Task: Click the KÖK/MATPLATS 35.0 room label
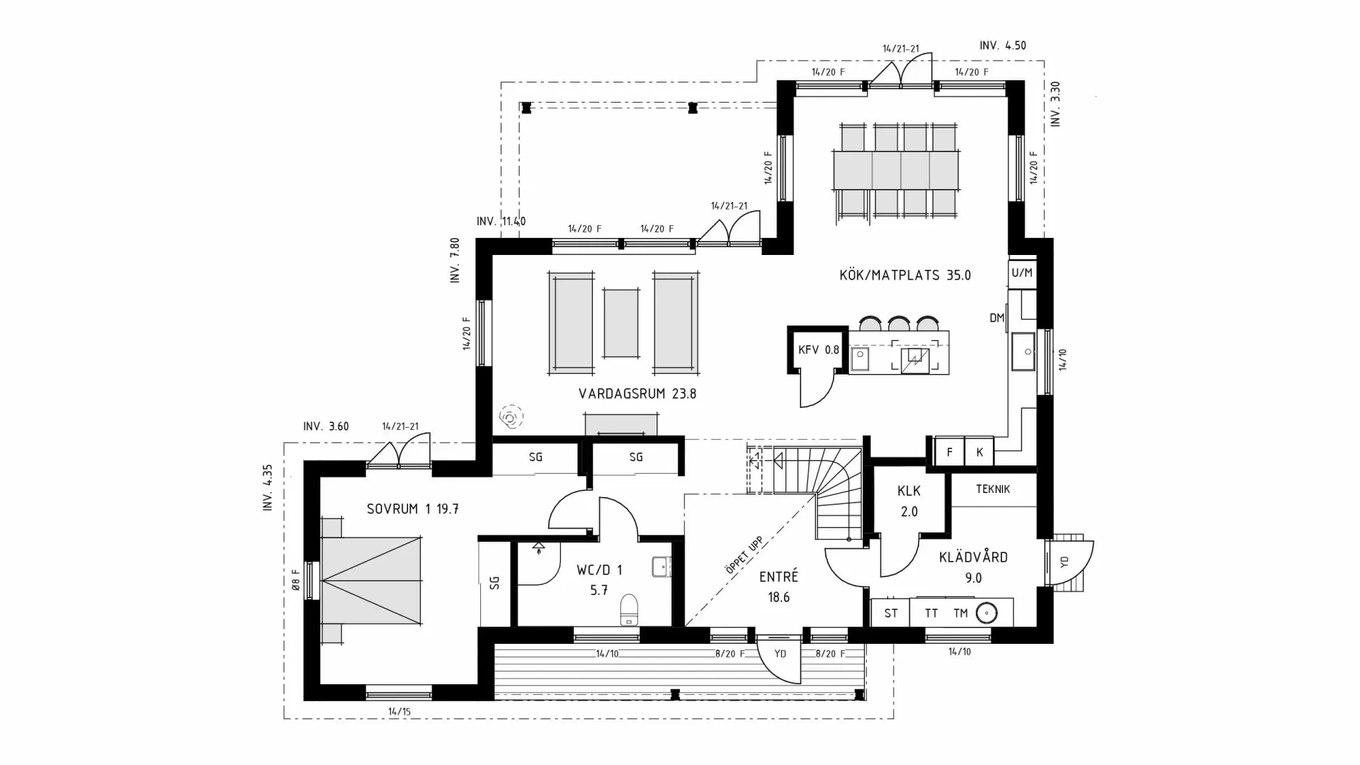(x=905, y=276)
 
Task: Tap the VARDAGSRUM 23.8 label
(x=637, y=394)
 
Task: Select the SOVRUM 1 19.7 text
(x=412, y=509)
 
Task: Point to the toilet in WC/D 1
(x=629, y=609)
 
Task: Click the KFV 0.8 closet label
(x=818, y=350)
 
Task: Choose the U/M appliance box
(x=1021, y=273)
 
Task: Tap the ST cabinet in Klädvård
(x=890, y=613)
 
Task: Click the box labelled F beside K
(x=949, y=452)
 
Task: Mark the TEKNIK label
(x=992, y=489)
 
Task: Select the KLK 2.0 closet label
(x=909, y=501)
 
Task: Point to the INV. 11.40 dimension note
(x=501, y=222)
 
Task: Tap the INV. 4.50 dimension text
(x=1002, y=45)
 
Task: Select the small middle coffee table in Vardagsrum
(x=620, y=323)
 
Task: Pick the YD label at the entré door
(x=780, y=654)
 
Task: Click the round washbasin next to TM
(x=987, y=613)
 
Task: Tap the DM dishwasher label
(x=997, y=318)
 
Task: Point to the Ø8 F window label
(x=296, y=580)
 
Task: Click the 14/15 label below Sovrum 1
(x=399, y=711)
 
